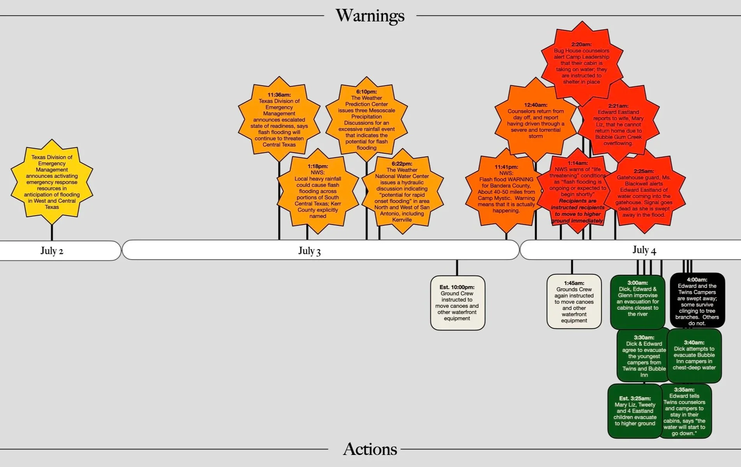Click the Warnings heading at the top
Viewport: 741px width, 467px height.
pos(370,16)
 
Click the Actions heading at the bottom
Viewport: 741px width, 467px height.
pos(370,449)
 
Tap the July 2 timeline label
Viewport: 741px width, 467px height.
pos(52,251)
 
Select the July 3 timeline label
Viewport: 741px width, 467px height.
pos(310,251)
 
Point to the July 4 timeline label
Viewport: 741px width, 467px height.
pos(644,250)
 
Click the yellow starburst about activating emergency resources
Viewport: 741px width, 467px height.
pos(52,182)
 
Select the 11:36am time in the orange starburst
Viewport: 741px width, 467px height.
pos(279,95)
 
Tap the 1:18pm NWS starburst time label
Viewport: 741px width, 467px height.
pos(318,167)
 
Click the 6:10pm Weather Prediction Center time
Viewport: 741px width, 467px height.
pos(366,92)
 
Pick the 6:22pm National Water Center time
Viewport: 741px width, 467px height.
pos(402,164)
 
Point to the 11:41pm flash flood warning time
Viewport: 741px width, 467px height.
pos(506,167)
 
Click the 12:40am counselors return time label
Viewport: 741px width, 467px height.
pos(535,105)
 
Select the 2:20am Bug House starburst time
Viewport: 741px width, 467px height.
pos(581,44)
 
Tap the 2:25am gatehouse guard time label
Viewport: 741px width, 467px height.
pos(644,171)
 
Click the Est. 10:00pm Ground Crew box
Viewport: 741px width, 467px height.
pos(457,303)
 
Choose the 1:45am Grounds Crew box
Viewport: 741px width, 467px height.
pos(574,302)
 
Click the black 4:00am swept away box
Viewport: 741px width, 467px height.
pos(697,301)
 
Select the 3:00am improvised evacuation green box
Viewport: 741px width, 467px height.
pos(637,302)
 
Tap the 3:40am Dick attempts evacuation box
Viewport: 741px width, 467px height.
pos(694,355)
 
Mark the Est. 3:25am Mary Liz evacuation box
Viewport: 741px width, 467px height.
pos(635,411)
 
